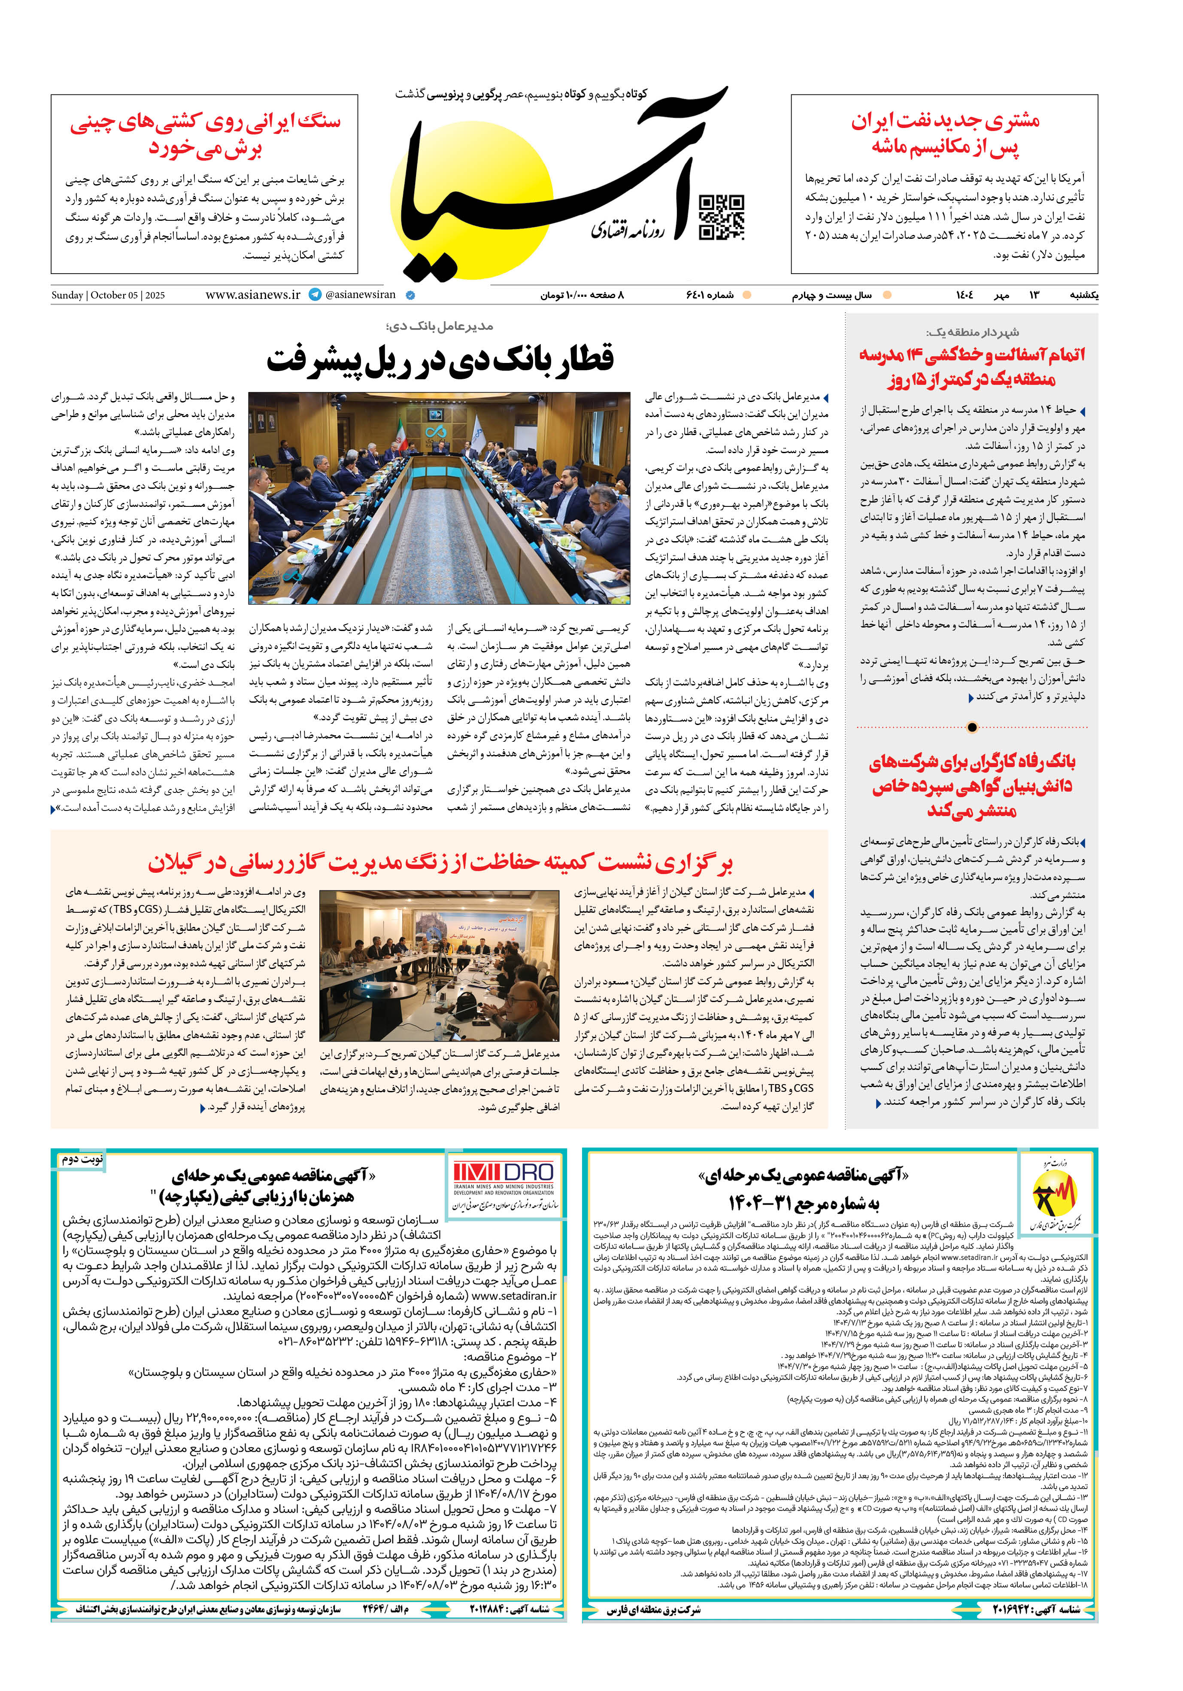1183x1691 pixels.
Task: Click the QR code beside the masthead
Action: [x=721, y=217]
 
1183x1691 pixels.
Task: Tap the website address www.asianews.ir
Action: [x=252, y=295]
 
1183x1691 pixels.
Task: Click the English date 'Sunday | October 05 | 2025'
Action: [x=108, y=296]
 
